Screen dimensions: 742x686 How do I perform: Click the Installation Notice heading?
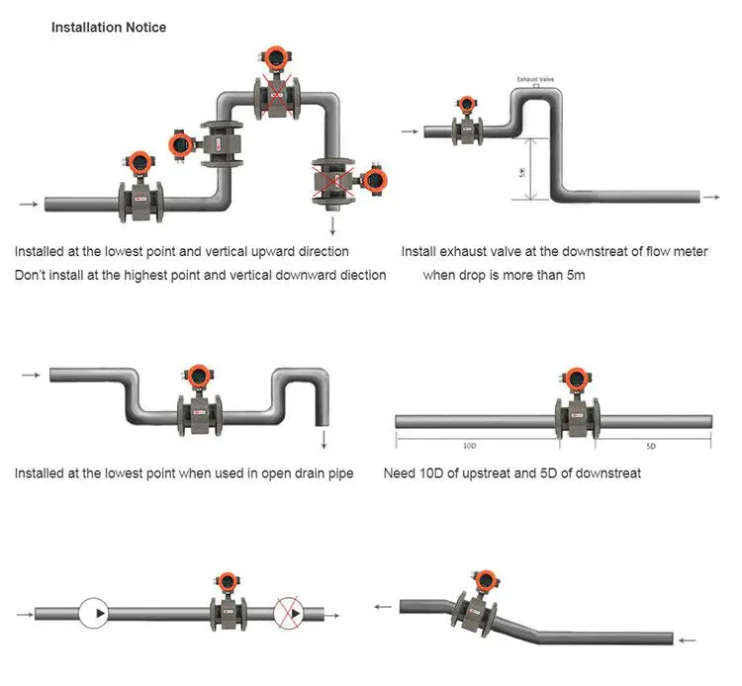(109, 28)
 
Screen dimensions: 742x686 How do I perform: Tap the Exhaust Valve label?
(535, 79)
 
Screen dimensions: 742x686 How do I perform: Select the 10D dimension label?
(469, 446)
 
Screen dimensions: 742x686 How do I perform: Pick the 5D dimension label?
(651, 446)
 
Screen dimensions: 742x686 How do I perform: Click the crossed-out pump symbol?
(288, 613)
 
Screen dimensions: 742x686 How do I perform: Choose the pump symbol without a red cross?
(93, 613)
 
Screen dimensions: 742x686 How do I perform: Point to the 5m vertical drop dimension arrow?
(532, 169)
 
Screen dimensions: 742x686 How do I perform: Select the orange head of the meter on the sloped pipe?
(485, 580)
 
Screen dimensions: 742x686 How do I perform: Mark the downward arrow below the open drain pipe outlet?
(325, 439)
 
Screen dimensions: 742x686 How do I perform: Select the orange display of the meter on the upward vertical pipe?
(180, 143)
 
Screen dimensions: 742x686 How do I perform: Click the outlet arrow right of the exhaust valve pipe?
(711, 197)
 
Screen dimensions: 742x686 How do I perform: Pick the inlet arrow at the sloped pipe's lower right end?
(688, 641)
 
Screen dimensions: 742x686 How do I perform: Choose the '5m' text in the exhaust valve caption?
(576, 275)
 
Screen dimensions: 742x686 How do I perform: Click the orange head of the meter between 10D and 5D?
(576, 380)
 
